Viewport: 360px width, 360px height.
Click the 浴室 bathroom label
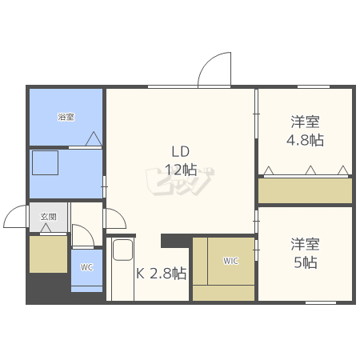point(66,117)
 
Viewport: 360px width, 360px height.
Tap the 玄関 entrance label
point(49,217)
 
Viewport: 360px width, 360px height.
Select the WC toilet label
point(87,267)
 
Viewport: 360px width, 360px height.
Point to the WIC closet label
point(230,261)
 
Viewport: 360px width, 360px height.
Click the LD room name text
point(181,151)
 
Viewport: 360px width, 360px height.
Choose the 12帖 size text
point(181,170)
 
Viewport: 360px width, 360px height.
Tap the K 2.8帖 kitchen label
point(162,273)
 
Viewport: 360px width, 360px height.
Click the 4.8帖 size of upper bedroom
point(306,140)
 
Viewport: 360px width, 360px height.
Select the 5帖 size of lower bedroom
point(306,262)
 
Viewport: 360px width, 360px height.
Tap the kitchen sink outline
point(122,250)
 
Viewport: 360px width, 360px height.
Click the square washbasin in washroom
point(46,163)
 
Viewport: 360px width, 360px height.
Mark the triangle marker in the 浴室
point(94,138)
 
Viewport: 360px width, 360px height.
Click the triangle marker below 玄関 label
point(46,228)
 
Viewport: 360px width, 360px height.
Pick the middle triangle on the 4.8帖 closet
point(310,170)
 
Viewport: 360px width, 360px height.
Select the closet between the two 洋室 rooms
point(305,190)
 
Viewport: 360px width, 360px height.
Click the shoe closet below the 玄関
point(48,254)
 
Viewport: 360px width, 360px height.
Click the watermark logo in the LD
point(180,182)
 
